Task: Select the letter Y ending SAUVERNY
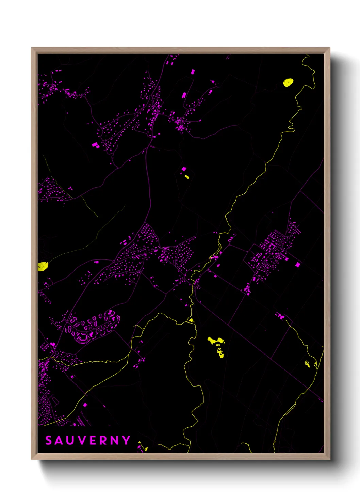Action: [127, 440]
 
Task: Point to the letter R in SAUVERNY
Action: [104, 440]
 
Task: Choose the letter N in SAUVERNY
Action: [115, 440]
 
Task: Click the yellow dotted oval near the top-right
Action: [288, 83]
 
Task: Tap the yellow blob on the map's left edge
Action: [42, 266]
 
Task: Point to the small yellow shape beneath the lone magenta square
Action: [186, 176]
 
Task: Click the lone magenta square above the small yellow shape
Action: [184, 169]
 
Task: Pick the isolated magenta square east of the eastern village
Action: [298, 265]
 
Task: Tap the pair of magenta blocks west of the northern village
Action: [95, 145]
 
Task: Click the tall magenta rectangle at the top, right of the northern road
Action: [193, 72]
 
